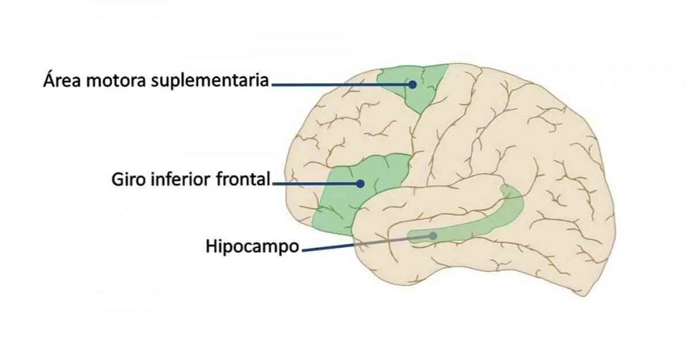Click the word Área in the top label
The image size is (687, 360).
coord(62,80)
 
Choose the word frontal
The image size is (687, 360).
coord(243,180)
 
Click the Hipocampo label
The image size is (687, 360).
coord(253,247)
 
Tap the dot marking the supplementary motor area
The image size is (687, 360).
coord(413,84)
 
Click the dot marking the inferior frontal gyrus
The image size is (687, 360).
coord(360,184)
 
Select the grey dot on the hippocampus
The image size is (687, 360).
coord(433,236)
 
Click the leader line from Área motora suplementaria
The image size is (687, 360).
coord(339,84)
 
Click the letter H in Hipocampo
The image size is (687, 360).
coord(211,247)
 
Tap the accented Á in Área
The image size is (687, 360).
coord(49,79)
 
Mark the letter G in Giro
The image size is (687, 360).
coord(117,180)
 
